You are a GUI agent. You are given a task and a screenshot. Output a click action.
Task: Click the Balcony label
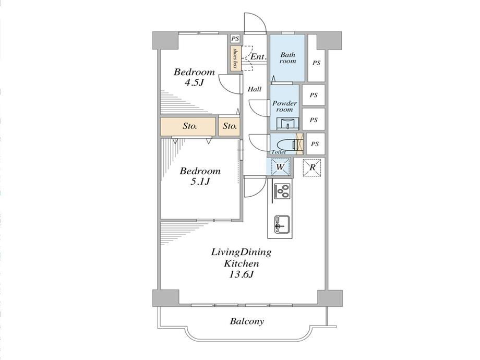point(247,321)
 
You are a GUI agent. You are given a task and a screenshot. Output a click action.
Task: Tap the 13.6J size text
point(241,274)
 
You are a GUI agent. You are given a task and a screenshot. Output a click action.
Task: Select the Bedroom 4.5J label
point(195,77)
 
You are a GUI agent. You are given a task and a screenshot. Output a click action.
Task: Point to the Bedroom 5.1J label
point(200,176)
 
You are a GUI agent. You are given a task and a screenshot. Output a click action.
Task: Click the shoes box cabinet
point(235,58)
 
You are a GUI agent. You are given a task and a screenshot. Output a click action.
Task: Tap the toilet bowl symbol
point(286,144)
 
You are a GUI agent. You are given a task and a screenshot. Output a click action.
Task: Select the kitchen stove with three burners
point(282,191)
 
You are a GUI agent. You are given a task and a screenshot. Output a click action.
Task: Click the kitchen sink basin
point(282,224)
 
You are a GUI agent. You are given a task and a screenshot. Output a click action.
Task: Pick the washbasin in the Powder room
point(287,124)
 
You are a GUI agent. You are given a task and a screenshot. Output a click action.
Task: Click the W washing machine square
point(280,167)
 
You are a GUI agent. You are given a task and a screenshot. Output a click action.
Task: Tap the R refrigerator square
point(312,167)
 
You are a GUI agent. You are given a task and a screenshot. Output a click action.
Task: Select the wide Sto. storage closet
point(188,126)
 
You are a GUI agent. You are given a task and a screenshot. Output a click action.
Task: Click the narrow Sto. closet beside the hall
point(229,126)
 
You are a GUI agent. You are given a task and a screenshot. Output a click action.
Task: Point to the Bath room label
point(288,58)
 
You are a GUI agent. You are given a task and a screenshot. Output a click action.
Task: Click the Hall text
point(255,89)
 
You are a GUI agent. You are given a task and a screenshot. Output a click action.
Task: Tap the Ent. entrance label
point(259,57)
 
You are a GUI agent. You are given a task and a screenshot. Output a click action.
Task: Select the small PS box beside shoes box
point(235,39)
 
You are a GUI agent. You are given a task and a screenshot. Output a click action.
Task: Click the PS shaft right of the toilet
point(315,143)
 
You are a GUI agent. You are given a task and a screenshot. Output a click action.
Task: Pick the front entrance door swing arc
point(259,18)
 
